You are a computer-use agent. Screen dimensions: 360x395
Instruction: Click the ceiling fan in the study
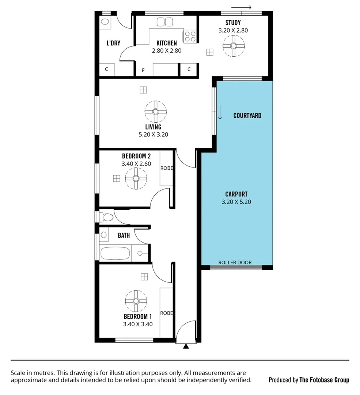coord(233,46)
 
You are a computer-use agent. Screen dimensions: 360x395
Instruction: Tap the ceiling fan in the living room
coord(155,112)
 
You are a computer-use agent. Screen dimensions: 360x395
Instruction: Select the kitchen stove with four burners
coord(190,36)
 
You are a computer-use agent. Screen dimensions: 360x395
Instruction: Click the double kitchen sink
coord(164,22)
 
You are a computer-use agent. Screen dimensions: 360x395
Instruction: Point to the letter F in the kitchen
coord(143,70)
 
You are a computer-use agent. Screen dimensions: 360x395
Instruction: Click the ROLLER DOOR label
coord(235,263)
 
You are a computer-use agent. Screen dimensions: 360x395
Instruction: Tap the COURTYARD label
coord(247,116)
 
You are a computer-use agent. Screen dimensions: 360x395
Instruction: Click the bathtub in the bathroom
coord(115,253)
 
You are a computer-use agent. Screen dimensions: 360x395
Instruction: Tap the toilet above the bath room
coord(107,217)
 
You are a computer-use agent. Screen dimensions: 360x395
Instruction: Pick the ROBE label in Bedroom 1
coord(166,313)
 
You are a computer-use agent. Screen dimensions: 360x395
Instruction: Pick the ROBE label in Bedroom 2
coord(166,169)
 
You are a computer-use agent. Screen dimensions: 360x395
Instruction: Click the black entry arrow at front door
coord(186,346)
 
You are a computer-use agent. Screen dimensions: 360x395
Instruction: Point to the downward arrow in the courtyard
coord(220,112)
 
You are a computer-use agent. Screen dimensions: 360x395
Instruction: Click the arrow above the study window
coord(241,7)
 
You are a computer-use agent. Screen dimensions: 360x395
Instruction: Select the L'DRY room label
coord(113,43)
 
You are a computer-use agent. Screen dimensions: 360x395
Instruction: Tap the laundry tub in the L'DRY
coord(105,22)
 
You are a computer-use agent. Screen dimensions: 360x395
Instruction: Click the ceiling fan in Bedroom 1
coord(136,301)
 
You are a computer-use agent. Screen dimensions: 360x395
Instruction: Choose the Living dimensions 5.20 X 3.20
coord(153,134)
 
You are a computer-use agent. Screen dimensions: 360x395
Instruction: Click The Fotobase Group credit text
coord(324,380)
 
